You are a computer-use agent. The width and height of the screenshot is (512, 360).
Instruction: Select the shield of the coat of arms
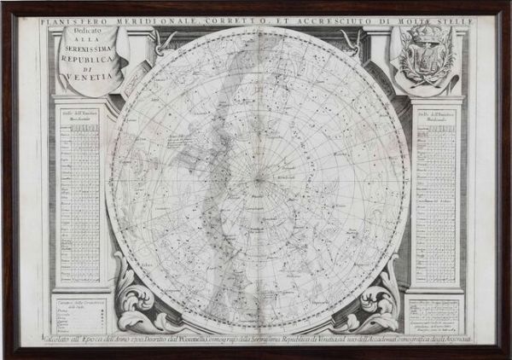[x=424, y=61]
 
